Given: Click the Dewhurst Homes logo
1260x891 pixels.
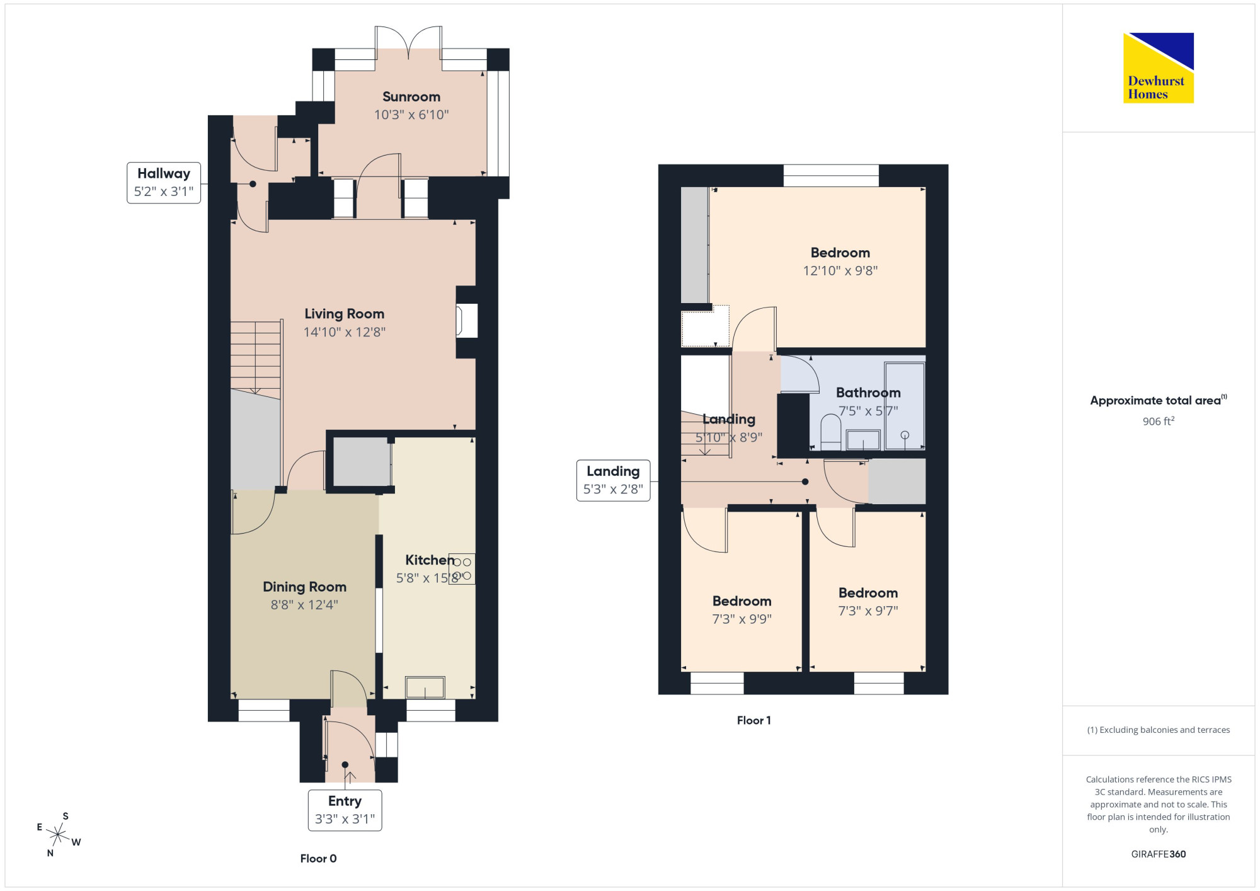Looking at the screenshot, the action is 1158,67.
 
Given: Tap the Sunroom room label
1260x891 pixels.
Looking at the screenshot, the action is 411,96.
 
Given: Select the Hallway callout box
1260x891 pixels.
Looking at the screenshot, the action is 164,183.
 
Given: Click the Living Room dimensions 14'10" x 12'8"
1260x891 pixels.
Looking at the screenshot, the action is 344,332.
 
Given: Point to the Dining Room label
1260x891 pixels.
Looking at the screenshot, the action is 304,587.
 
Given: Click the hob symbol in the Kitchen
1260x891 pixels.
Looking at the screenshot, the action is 462,569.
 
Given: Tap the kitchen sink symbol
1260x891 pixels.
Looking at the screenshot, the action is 425,687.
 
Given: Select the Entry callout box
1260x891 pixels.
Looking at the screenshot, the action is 345,810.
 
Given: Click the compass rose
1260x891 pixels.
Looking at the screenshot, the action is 58,835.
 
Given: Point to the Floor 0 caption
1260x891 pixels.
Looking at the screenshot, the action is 318,858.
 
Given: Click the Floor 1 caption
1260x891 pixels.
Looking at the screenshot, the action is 753,720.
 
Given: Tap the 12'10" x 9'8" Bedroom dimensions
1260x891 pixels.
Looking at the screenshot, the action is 840,271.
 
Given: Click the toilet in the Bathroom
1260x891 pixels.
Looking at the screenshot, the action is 831,432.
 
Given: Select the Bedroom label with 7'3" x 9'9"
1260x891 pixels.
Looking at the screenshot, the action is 742,601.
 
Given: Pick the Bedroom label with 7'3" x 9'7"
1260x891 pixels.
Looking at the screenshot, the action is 868,593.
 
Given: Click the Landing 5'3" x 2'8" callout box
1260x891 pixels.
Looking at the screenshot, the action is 613,481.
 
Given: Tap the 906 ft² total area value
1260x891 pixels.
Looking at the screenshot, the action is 1159,421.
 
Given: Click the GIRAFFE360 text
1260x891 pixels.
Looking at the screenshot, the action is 1158,854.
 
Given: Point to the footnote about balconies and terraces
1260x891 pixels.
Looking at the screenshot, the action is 1158,730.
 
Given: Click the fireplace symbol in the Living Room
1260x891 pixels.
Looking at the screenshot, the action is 467,321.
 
